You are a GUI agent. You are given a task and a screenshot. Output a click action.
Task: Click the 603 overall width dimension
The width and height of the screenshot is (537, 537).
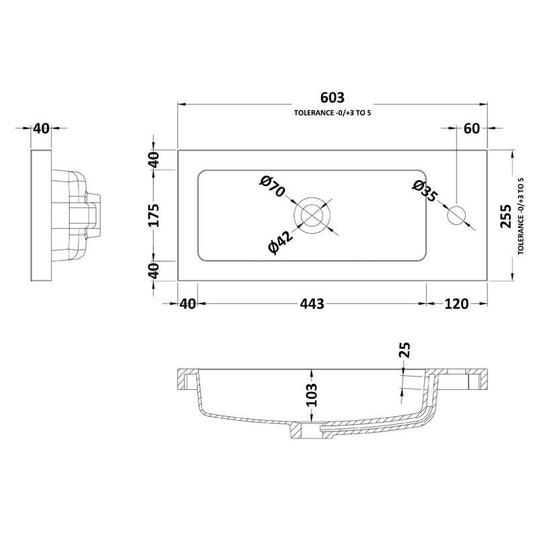(x=332, y=98)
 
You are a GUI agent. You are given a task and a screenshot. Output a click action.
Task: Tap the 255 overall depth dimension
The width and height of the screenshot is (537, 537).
(x=505, y=215)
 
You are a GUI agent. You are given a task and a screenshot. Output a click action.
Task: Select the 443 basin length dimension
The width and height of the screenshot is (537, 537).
(x=312, y=303)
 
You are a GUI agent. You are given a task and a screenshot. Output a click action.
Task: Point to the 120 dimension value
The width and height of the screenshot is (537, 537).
(x=456, y=303)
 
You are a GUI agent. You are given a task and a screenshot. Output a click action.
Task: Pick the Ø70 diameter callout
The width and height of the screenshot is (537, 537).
(x=273, y=186)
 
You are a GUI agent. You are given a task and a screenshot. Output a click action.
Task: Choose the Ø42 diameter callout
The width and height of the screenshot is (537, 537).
(x=281, y=242)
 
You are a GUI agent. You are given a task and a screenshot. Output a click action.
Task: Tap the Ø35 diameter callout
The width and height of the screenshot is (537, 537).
(x=425, y=191)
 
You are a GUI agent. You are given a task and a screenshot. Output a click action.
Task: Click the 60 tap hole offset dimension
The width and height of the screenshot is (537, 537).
(x=471, y=129)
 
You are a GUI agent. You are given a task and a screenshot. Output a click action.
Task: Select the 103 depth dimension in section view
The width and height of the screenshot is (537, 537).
(x=311, y=395)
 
